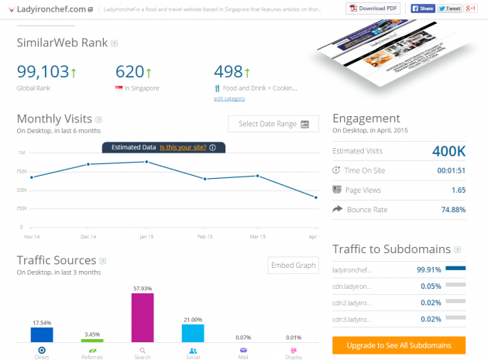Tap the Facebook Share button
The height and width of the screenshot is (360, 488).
coord(423,9)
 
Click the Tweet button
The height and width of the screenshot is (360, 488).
coord(450,9)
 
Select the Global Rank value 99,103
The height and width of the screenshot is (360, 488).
coord(43,72)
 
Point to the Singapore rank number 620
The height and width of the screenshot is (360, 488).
coord(129,72)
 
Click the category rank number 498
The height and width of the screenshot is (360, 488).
coord(229,72)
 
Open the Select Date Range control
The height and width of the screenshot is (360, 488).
coord(273,124)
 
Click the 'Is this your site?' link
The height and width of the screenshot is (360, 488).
coord(183,146)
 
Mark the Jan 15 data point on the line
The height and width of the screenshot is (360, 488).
coord(146,162)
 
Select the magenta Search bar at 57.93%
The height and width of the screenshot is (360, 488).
coord(143,317)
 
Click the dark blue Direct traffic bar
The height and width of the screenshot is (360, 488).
coord(41,334)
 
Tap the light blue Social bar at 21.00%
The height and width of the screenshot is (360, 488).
coord(192,333)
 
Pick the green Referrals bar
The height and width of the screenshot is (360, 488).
coord(91,340)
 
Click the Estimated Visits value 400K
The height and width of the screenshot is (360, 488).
coord(449,151)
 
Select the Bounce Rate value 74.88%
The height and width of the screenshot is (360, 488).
coord(449,209)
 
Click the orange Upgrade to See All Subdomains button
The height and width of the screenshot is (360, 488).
coord(399,345)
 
